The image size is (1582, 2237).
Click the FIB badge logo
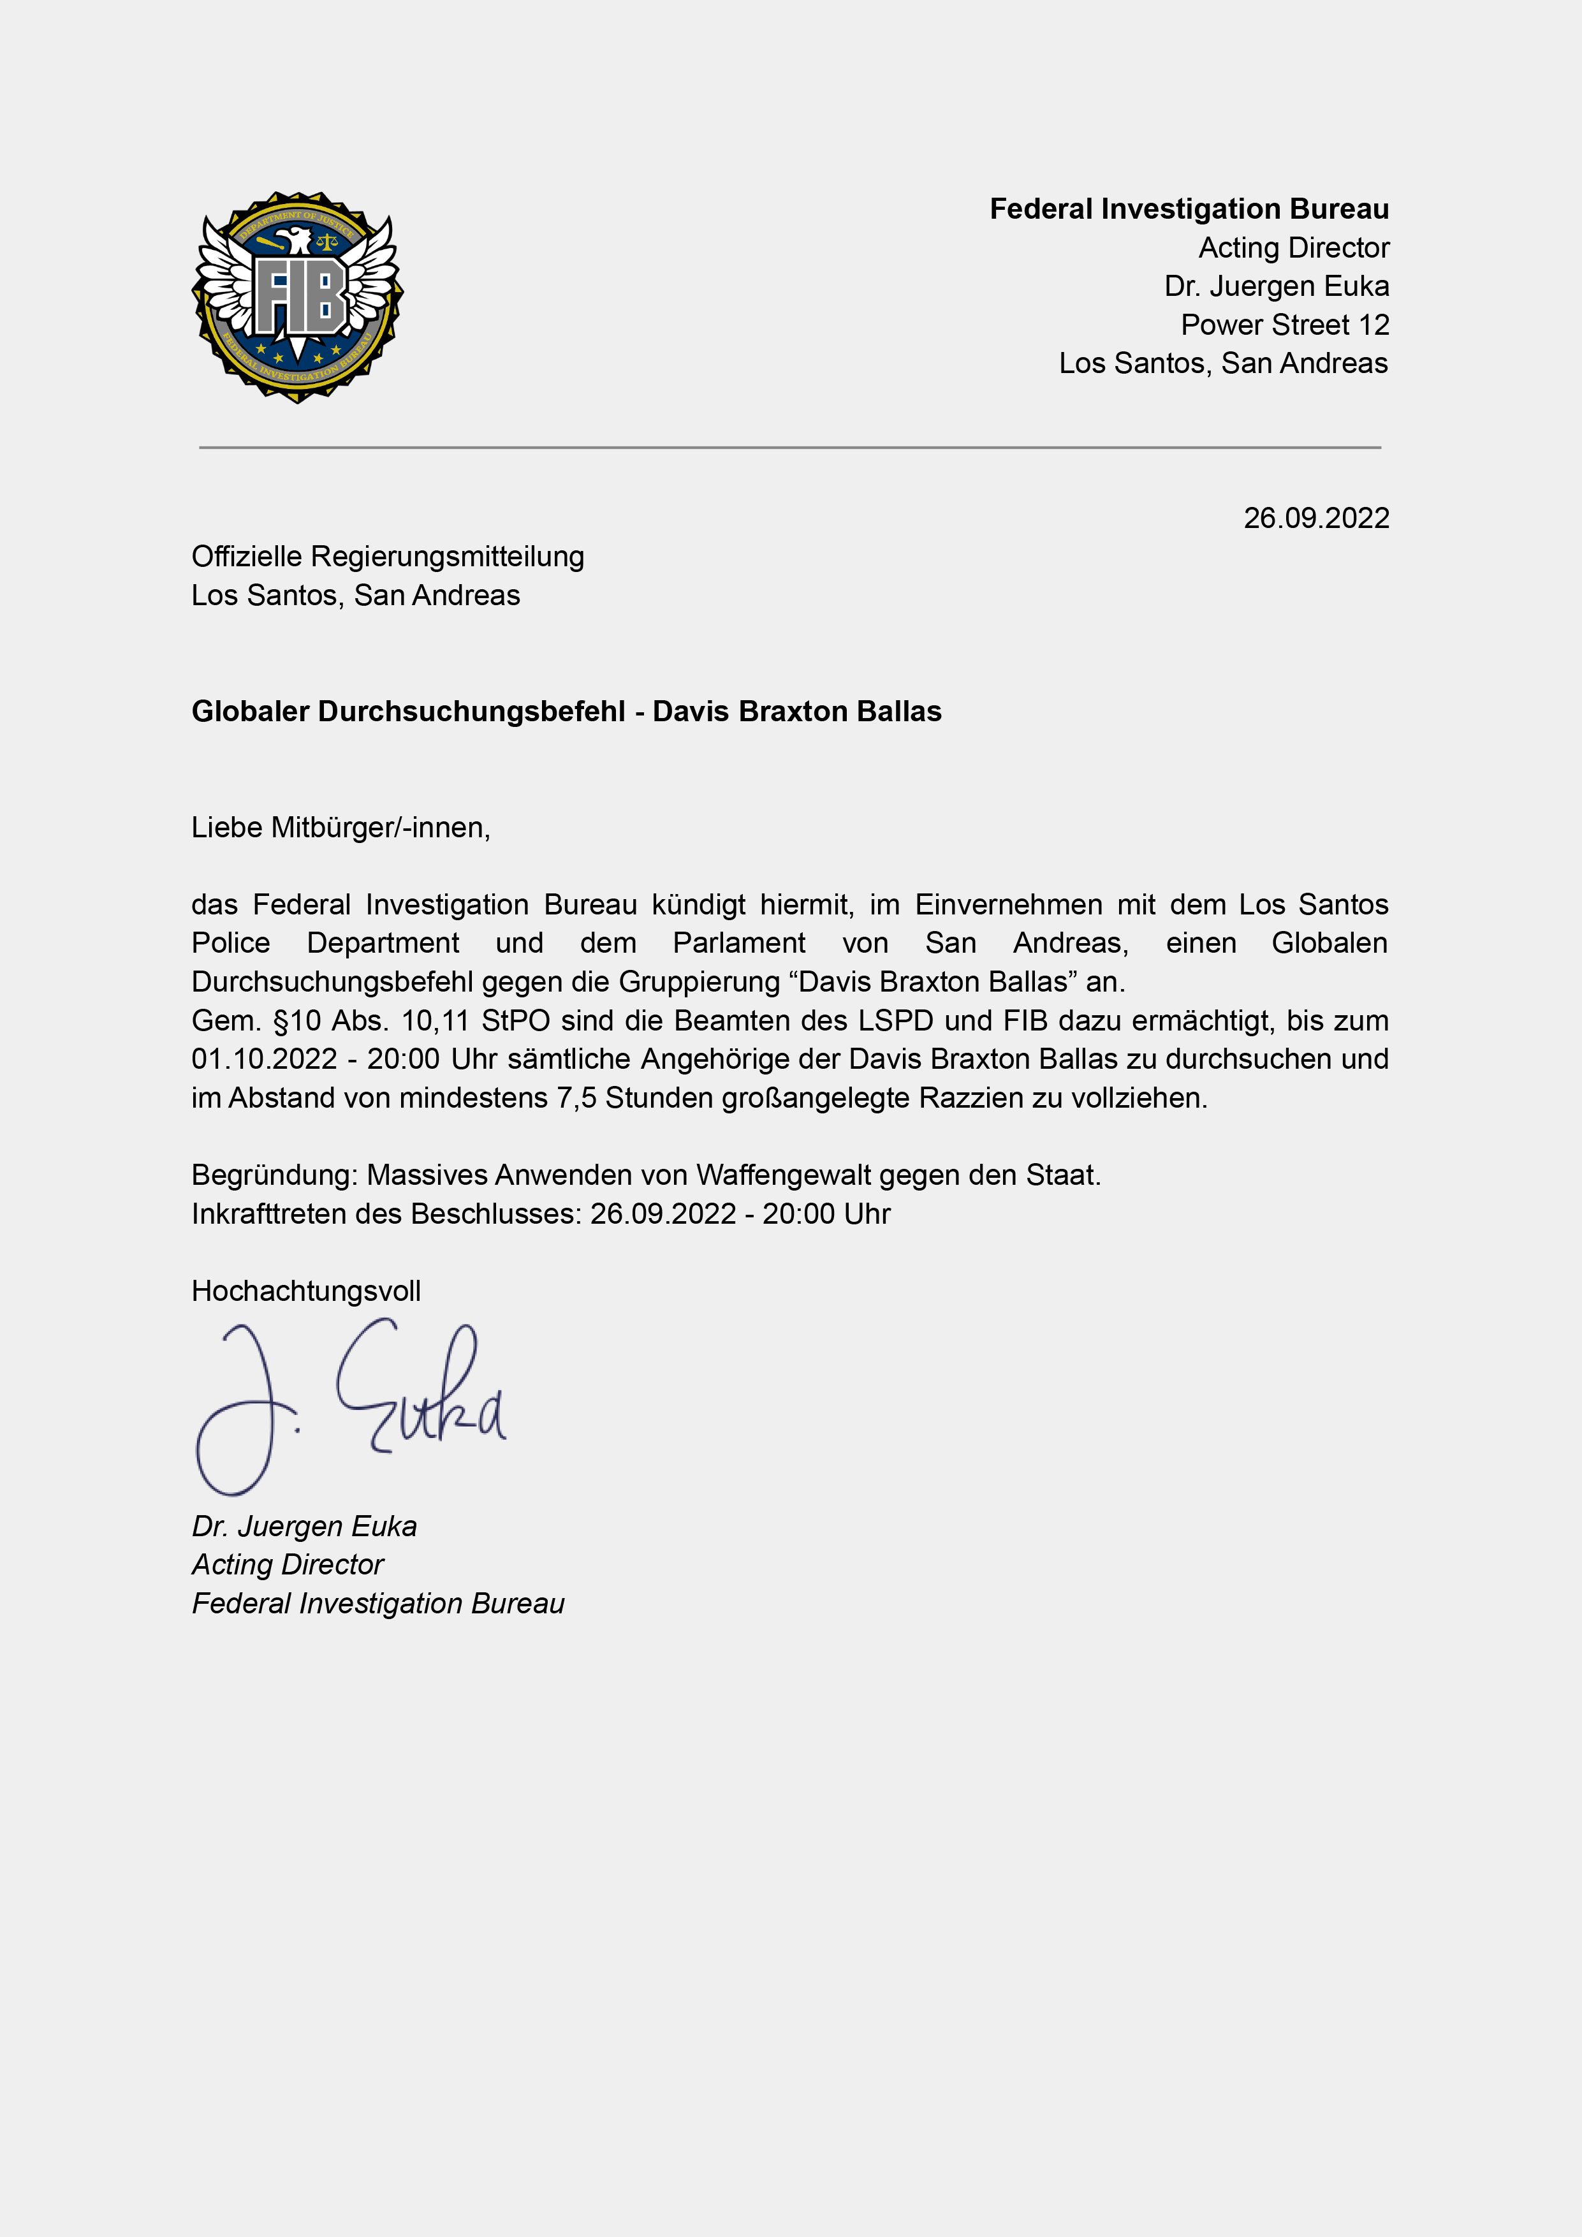298,297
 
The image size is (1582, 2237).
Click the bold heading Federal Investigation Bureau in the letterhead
1189,209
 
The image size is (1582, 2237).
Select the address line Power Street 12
1284,325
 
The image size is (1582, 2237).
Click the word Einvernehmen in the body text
1008,904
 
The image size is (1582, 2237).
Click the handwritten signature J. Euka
351,1403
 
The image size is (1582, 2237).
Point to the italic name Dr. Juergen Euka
304,1526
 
